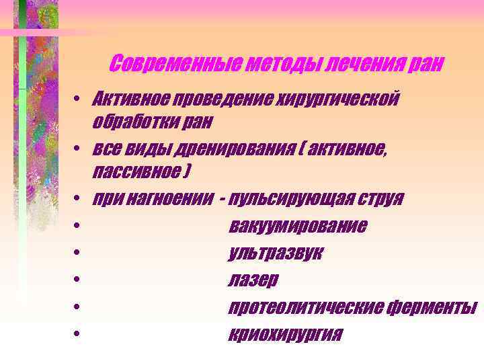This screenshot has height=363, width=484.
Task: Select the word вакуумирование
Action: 298,225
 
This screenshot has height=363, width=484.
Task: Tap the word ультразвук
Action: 276,253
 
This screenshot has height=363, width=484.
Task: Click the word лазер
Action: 253,280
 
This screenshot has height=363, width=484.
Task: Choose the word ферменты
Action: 432,307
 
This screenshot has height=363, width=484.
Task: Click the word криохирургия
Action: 285,334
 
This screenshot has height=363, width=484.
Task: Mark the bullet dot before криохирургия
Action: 79,333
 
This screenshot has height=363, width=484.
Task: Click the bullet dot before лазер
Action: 79,279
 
